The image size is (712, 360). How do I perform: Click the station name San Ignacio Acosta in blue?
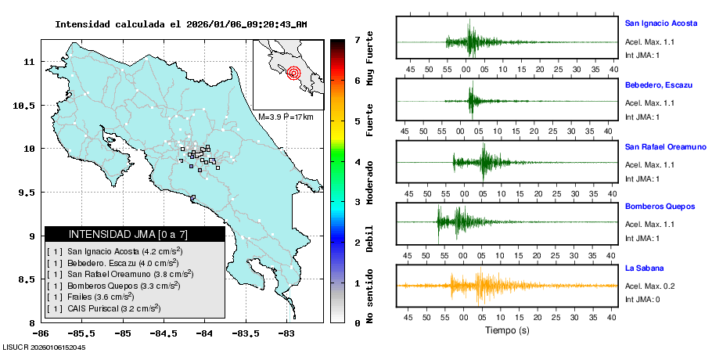point(660,23)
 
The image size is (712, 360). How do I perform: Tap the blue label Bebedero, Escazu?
point(656,85)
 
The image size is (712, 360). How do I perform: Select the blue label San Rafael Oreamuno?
point(665,146)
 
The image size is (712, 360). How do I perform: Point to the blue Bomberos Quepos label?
point(660,207)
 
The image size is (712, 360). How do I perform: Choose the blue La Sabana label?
point(643,268)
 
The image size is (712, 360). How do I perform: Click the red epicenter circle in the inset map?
point(293,74)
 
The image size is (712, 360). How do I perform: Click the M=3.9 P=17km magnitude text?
point(286,117)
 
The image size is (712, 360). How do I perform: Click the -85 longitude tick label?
point(122,332)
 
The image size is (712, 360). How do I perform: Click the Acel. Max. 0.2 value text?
point(649,286)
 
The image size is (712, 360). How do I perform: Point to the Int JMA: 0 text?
point(643,300)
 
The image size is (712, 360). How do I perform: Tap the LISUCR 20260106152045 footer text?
point(44,347)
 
